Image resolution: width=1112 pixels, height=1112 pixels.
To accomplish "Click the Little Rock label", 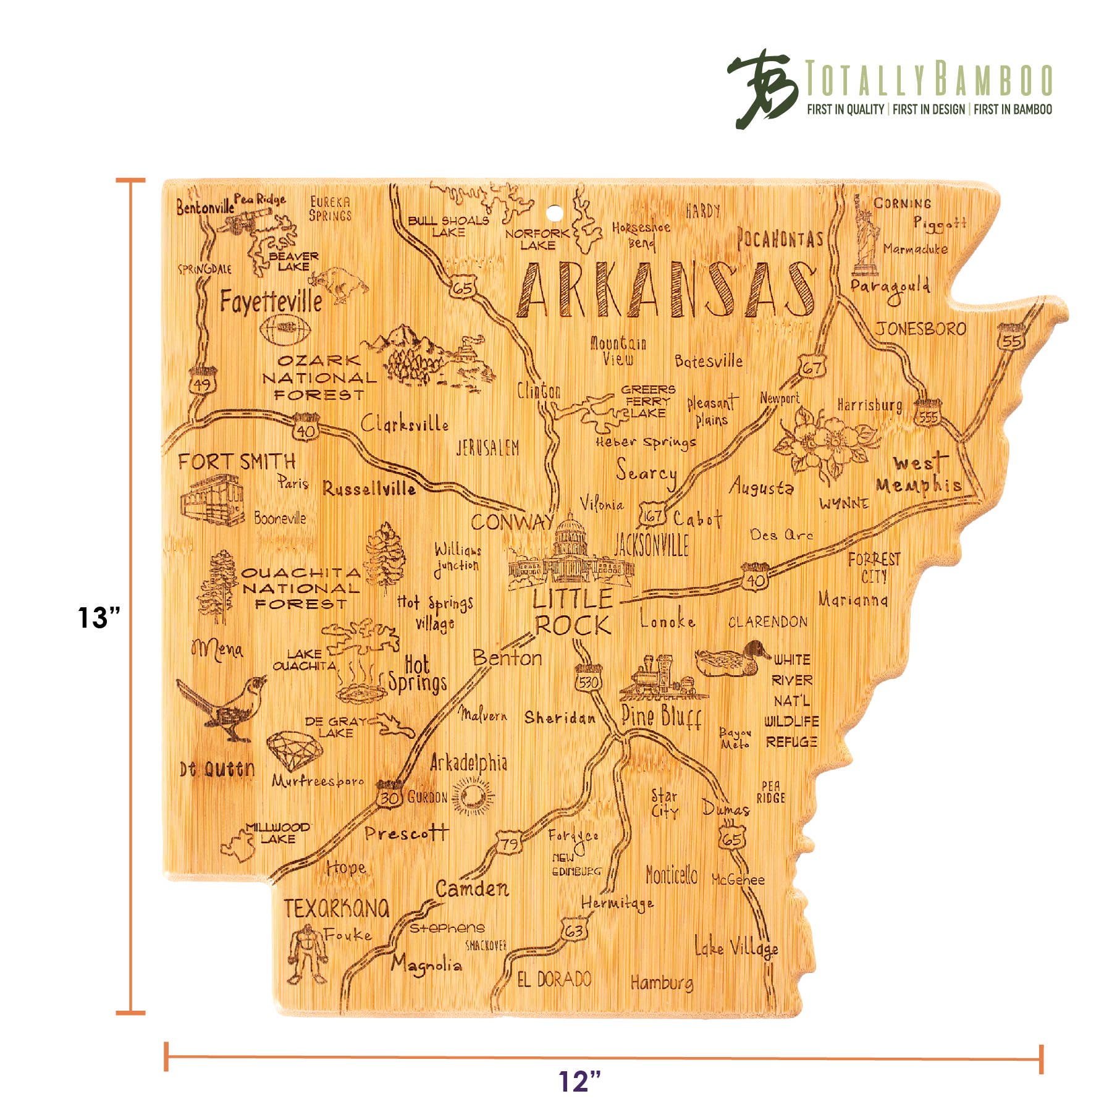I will click(572, 612).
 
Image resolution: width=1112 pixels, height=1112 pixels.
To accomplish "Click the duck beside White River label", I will click(732, 659).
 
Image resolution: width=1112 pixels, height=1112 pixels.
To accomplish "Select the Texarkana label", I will click(337, 908).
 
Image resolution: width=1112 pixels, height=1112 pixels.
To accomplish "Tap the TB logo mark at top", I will click(761, 88).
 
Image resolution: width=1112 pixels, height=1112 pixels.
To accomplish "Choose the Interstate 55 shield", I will click(1011, 338).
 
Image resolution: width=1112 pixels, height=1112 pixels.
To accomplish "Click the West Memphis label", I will click(919, 474).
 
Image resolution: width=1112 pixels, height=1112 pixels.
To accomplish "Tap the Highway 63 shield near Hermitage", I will click(574, 930).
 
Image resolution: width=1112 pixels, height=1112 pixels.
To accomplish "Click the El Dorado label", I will click(554, 979).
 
